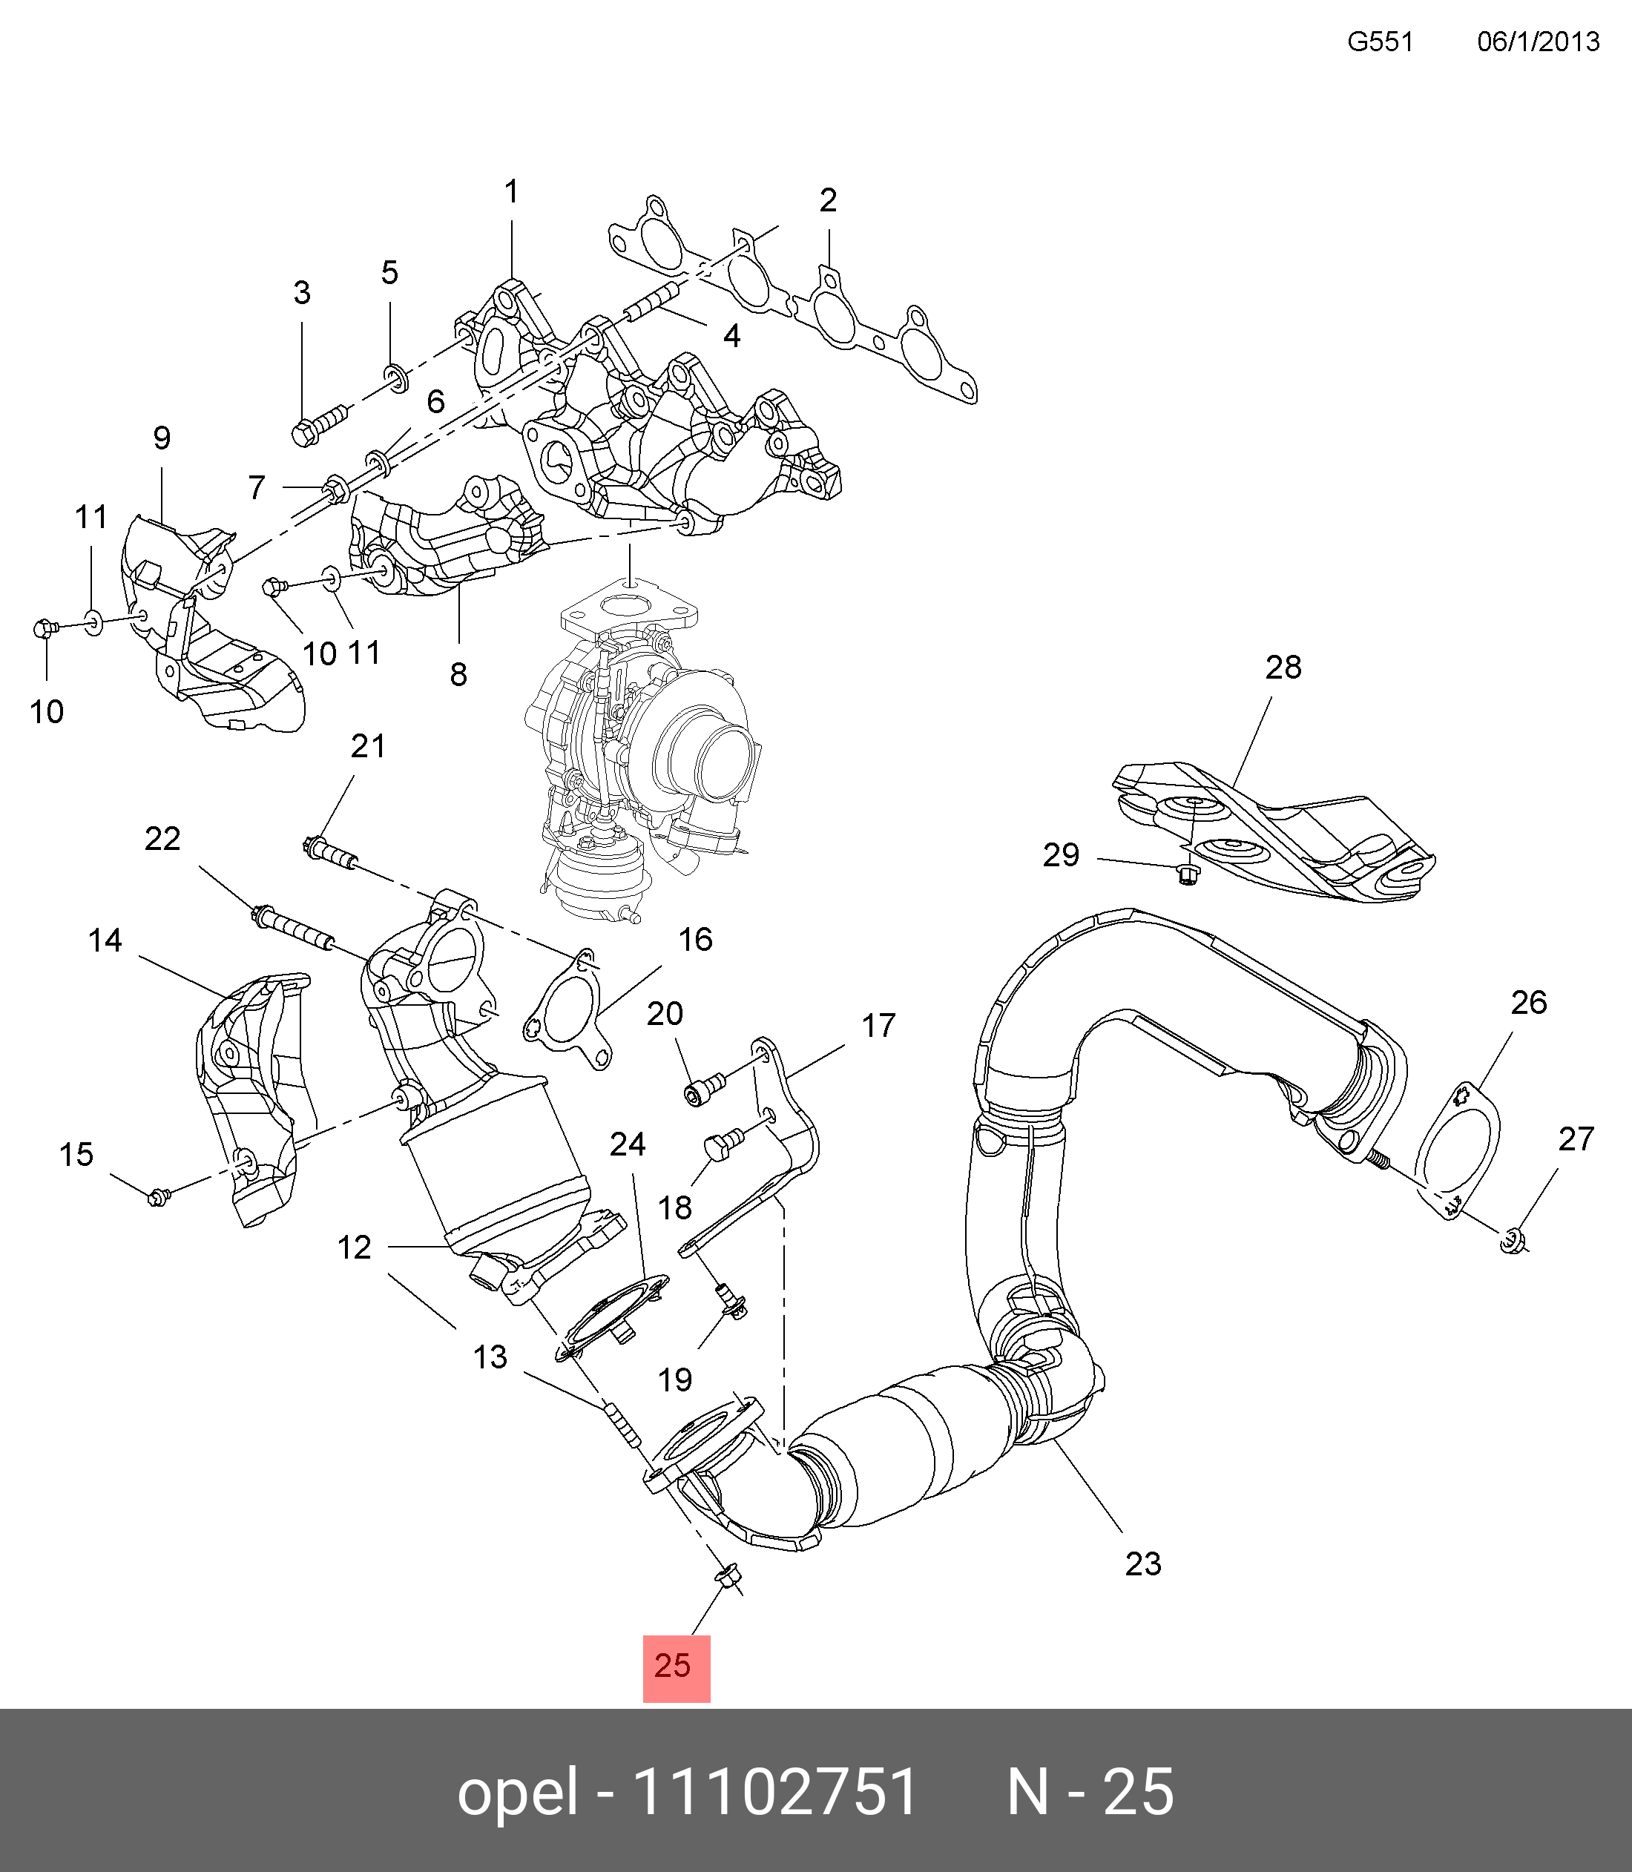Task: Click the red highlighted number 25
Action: [x=675, y=1667]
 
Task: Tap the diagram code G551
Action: [x=1380, y=42]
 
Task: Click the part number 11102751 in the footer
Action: [x=775, y=1793]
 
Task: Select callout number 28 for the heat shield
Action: [x=1283, y=668]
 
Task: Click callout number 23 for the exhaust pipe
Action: [x=1143, y=1563]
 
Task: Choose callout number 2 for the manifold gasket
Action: [x=827, y=200]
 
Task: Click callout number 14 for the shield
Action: [x=105, y=940]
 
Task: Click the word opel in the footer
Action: [x=517, y=1793]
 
